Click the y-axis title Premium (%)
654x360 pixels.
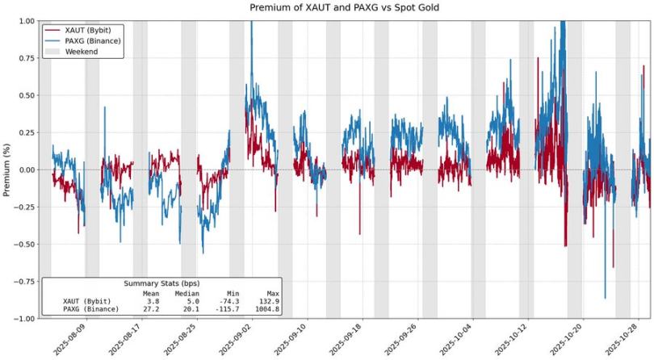pos(7,169)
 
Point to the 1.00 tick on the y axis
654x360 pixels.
pos(25,21)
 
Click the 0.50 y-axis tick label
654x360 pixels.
pos(25,95)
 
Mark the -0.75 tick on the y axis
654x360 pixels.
pos(23,281)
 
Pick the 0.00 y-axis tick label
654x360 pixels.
pos(25,170)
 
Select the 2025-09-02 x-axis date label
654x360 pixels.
pos(234,339)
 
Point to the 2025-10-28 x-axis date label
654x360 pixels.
pos(627,339)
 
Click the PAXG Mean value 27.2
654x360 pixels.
pos(152,309)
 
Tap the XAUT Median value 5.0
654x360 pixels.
pos(192,301)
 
